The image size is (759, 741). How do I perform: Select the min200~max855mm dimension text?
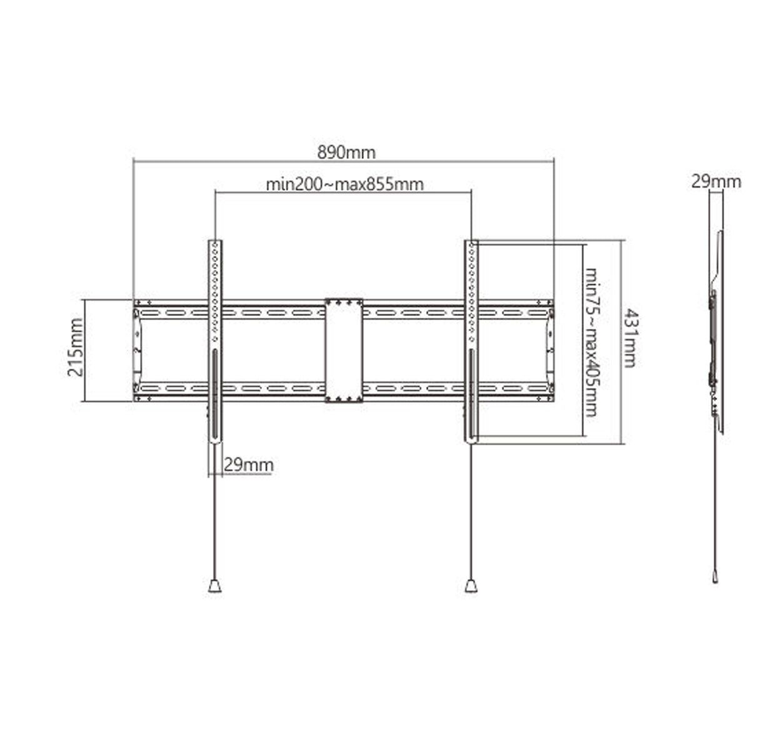(344, 184)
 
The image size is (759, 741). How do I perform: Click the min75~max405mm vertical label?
(591, 343)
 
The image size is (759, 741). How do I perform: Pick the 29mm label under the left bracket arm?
(248, 465)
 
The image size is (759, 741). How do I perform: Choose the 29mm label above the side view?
(716, 182)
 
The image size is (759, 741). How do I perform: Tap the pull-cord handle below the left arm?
(214, 585)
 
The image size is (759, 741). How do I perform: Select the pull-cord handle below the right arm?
(471, 585)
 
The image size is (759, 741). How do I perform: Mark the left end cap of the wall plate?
(137, 350)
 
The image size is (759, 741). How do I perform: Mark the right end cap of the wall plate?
(550, 350)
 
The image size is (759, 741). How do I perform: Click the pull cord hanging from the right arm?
(471, 513)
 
